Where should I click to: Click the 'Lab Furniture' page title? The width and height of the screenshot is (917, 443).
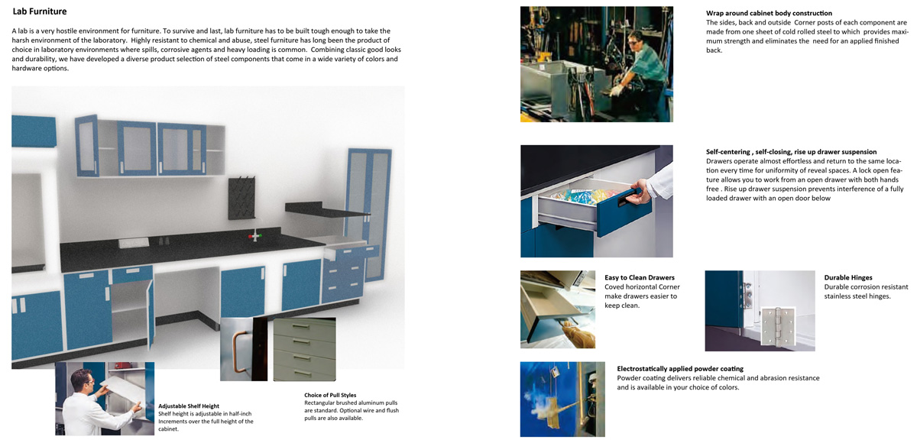39,11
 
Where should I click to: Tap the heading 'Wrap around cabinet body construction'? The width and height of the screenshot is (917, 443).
769,13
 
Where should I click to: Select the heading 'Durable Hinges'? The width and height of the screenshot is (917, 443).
847,277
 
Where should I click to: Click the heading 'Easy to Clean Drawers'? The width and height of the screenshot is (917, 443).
640,277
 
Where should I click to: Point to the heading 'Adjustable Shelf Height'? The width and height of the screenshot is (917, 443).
189,406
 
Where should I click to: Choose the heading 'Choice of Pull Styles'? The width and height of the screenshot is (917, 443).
330,395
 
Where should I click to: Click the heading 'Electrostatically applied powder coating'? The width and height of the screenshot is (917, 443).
680,369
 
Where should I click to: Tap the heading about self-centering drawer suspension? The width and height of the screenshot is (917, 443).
792,152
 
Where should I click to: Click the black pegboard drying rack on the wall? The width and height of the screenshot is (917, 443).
241,197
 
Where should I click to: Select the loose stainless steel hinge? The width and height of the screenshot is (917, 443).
777,327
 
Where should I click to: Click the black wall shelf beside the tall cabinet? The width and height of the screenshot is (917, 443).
326,209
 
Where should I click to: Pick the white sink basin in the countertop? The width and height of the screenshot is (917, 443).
134,243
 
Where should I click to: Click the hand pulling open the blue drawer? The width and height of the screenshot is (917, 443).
640,192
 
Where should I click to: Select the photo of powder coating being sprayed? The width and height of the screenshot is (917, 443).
562,399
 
